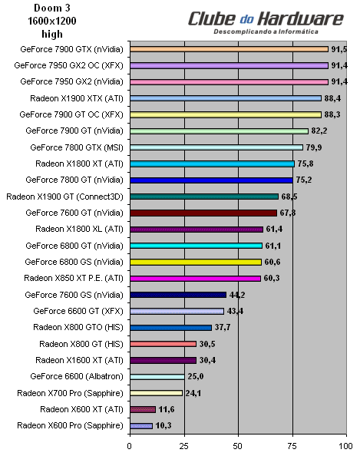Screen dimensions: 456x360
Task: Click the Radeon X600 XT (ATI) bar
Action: pyautogui.click(x=143, y=408)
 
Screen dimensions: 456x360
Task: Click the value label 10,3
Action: pyautogui.click(x=163, y=425)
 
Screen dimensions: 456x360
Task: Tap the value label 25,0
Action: pyautogui.click(x=195, y=376)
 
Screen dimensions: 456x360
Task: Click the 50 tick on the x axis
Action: pyautogui.click(x=239, y=444)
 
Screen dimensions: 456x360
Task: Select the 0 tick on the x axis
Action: pyautogui.click(x=130, y=444)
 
